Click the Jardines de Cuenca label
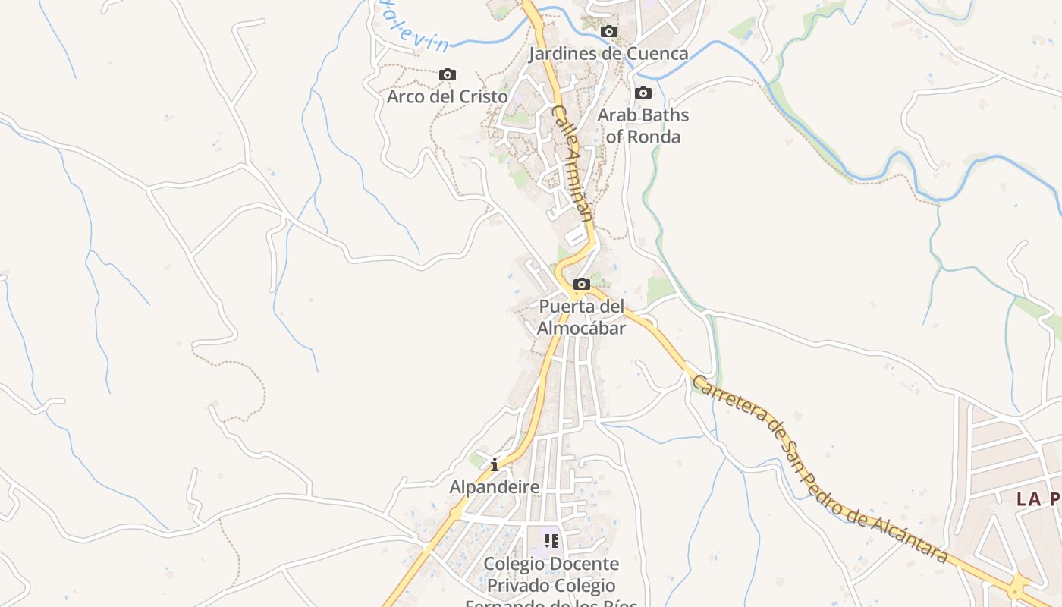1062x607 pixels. [608, 53]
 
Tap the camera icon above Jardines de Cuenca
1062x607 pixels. [608, 32]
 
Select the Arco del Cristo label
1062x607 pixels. [448, 96]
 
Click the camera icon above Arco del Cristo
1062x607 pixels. [448, 74]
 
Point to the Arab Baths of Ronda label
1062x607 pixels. [643, 125]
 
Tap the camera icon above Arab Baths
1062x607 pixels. [643, 93]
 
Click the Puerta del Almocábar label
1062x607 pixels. [582, 317]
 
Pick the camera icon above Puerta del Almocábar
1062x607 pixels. [582, 285]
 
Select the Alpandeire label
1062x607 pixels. [495, 486]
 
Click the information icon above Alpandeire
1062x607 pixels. [495, 464]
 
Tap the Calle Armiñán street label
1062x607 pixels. [572, 162]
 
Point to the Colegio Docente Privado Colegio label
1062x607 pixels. [551, 574]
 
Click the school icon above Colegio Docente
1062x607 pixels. [551, 541]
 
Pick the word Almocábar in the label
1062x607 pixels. [582, 328]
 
